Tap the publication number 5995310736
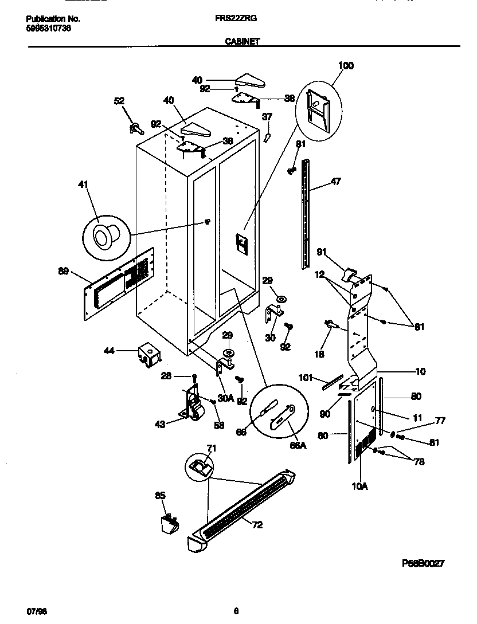[x=49, y=28]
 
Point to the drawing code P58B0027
[x=424, y=564]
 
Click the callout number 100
[x=346, y=66]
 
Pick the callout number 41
[x=84, y=185]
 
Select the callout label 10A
[x=360, y=487]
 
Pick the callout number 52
[x=119, y=101]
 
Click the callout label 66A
[x=297, y=444]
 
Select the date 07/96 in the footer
[x=37, y=611]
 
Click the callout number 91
[x=322, y=252]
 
